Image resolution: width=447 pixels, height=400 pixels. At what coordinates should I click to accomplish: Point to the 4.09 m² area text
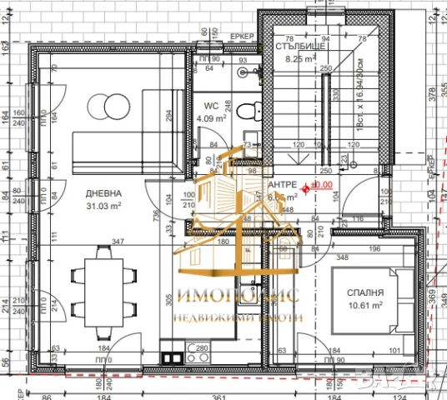click(211, 118)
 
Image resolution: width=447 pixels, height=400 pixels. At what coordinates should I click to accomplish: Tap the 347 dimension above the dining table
click(118, 242)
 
